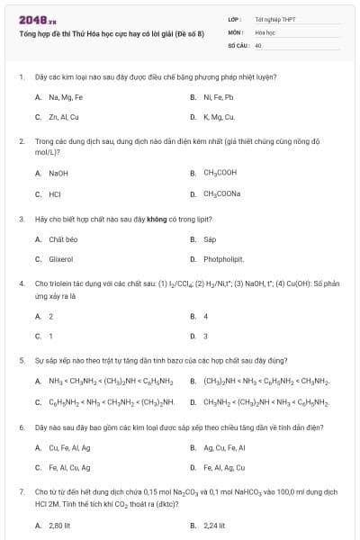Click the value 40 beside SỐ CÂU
pyautogui.click(x=258, y=44)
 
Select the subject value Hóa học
pyautogui.click(x=265, y=31)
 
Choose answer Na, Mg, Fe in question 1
pyautogui.click(x=65, y=97)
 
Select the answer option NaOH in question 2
pyautogui.click(x=58, y=173)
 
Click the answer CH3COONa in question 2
pyautogui.click(x=221, y=193)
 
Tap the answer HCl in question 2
pyautogui.click(x=55, y=193)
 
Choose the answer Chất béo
pyautogui.click(x=62, y=239)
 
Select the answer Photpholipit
pyautogui.click(x=223, y=259)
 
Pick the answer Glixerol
pyautogui.click(x=60, y=259)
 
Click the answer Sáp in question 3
pyautogui.click(x=210, y=239)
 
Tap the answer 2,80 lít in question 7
pyautogui.click(x=60, y=525)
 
